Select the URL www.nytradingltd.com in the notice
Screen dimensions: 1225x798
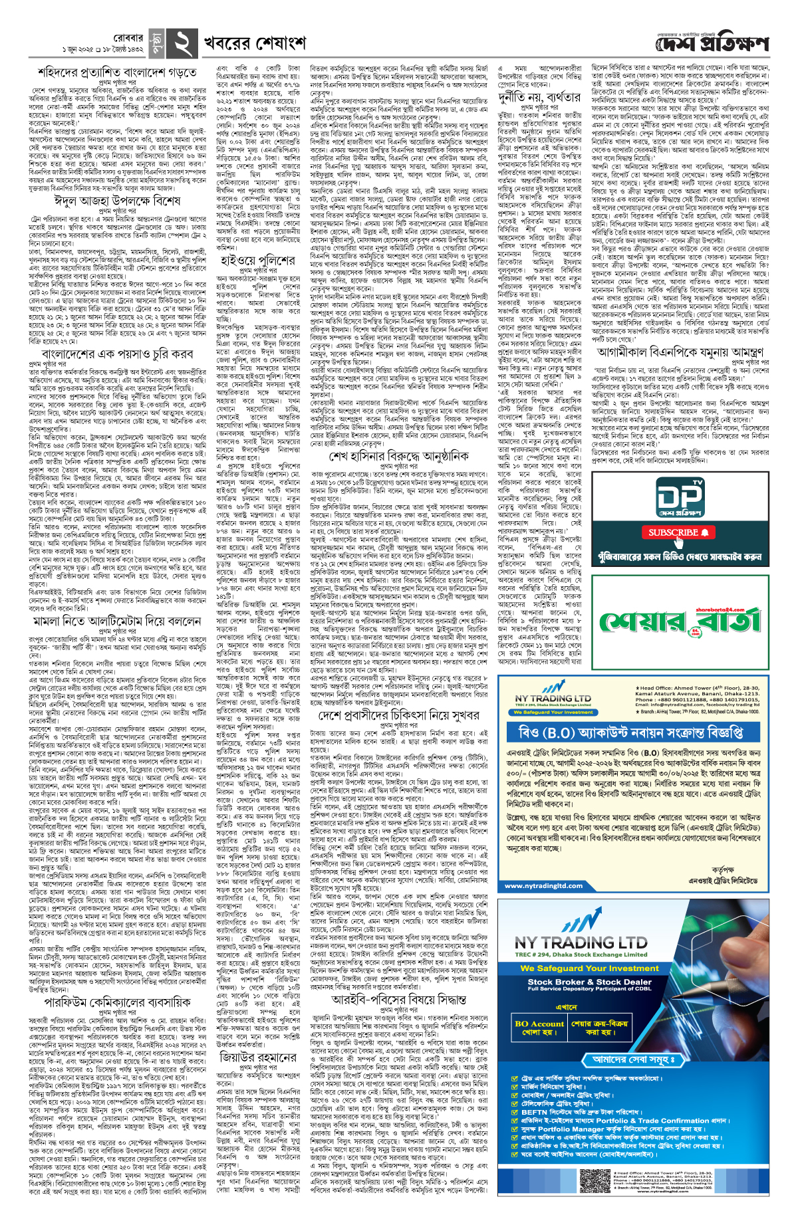pyautogui.click(x=544, y=885)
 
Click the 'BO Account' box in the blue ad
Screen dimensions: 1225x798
pyautogui.click(x=539, y=1028)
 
